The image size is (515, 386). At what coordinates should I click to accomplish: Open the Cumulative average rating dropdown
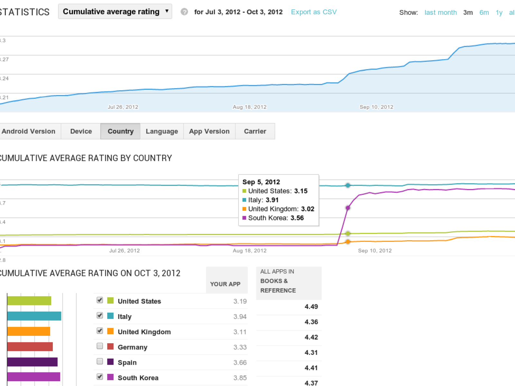(x=115, y=12)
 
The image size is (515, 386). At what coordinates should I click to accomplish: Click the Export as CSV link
(x=314, y=12)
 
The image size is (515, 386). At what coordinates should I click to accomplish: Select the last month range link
(x=440, y=13)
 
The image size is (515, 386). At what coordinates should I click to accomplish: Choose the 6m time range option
(x=484, y=13)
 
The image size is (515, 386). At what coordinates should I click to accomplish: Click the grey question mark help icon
(x=184, y=12)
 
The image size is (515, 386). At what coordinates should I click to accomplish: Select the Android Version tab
(x=28, y=131)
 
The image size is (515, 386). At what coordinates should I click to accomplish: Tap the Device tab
(x=81, y=131)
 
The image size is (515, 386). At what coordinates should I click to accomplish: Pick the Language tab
(x=162, y=131)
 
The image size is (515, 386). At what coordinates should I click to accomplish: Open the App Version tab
(x=209, y=131)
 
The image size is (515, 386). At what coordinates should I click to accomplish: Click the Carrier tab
(x=255, y=131)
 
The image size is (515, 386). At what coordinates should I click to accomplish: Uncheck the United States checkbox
(x=100, y=300)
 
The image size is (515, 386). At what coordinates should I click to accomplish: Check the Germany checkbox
(x=100, y=346)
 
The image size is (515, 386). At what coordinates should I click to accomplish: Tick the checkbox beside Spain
(x=100, y=361)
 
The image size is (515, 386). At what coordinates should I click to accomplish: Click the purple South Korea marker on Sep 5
(x=348, y=208)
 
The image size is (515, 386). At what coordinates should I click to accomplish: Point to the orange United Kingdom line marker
(x=348, y=242)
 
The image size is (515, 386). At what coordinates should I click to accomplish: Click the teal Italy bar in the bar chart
(x=34, y=316)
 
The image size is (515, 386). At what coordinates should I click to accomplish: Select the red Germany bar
(x=30, y=347)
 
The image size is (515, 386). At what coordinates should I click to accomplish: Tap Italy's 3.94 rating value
(x=240, y=317)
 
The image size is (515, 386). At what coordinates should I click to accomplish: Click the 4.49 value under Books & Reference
(x=311, y=307)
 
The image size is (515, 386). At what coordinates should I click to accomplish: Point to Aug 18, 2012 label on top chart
(x=249, y=107)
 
